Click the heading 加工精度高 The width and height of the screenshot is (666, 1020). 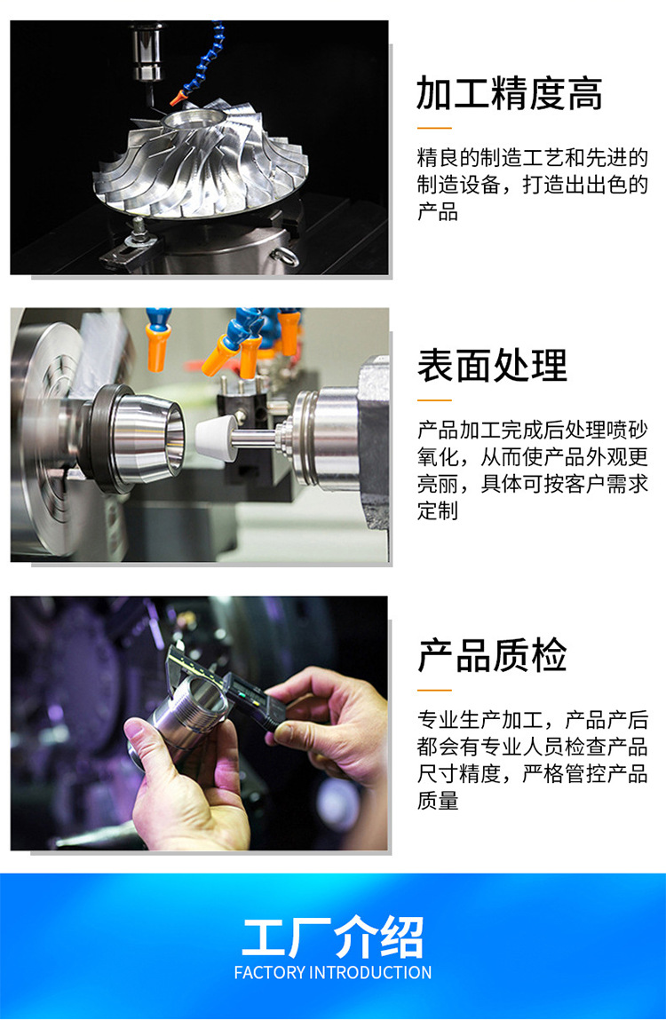pyautogui.click(x=510, y=93)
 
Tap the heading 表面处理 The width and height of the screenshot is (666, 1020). pyautogui.click(x=492, y=365)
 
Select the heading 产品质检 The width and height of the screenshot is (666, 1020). pyautogui.click(x=492, y=655)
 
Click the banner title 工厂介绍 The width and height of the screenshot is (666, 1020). pyautogui.click(x=333, y=937)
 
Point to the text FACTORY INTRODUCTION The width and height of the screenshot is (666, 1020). pyautogui.click(x=333, y=972)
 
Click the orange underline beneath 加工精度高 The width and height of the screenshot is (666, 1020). pyautogui.click(x=434, y=129)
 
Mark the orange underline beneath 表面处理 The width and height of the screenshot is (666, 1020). pyautogui.click(x=434, y=400)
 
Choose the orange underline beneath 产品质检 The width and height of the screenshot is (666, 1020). pyautogui.click(x=434, y=690)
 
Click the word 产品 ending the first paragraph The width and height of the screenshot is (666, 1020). pyautogui.click(x=438, y=213)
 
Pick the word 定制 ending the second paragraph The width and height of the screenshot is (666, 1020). pyautogui.click(x=438, y=511)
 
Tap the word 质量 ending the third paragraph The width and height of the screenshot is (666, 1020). pyautogui.click(x=438, y=801)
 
